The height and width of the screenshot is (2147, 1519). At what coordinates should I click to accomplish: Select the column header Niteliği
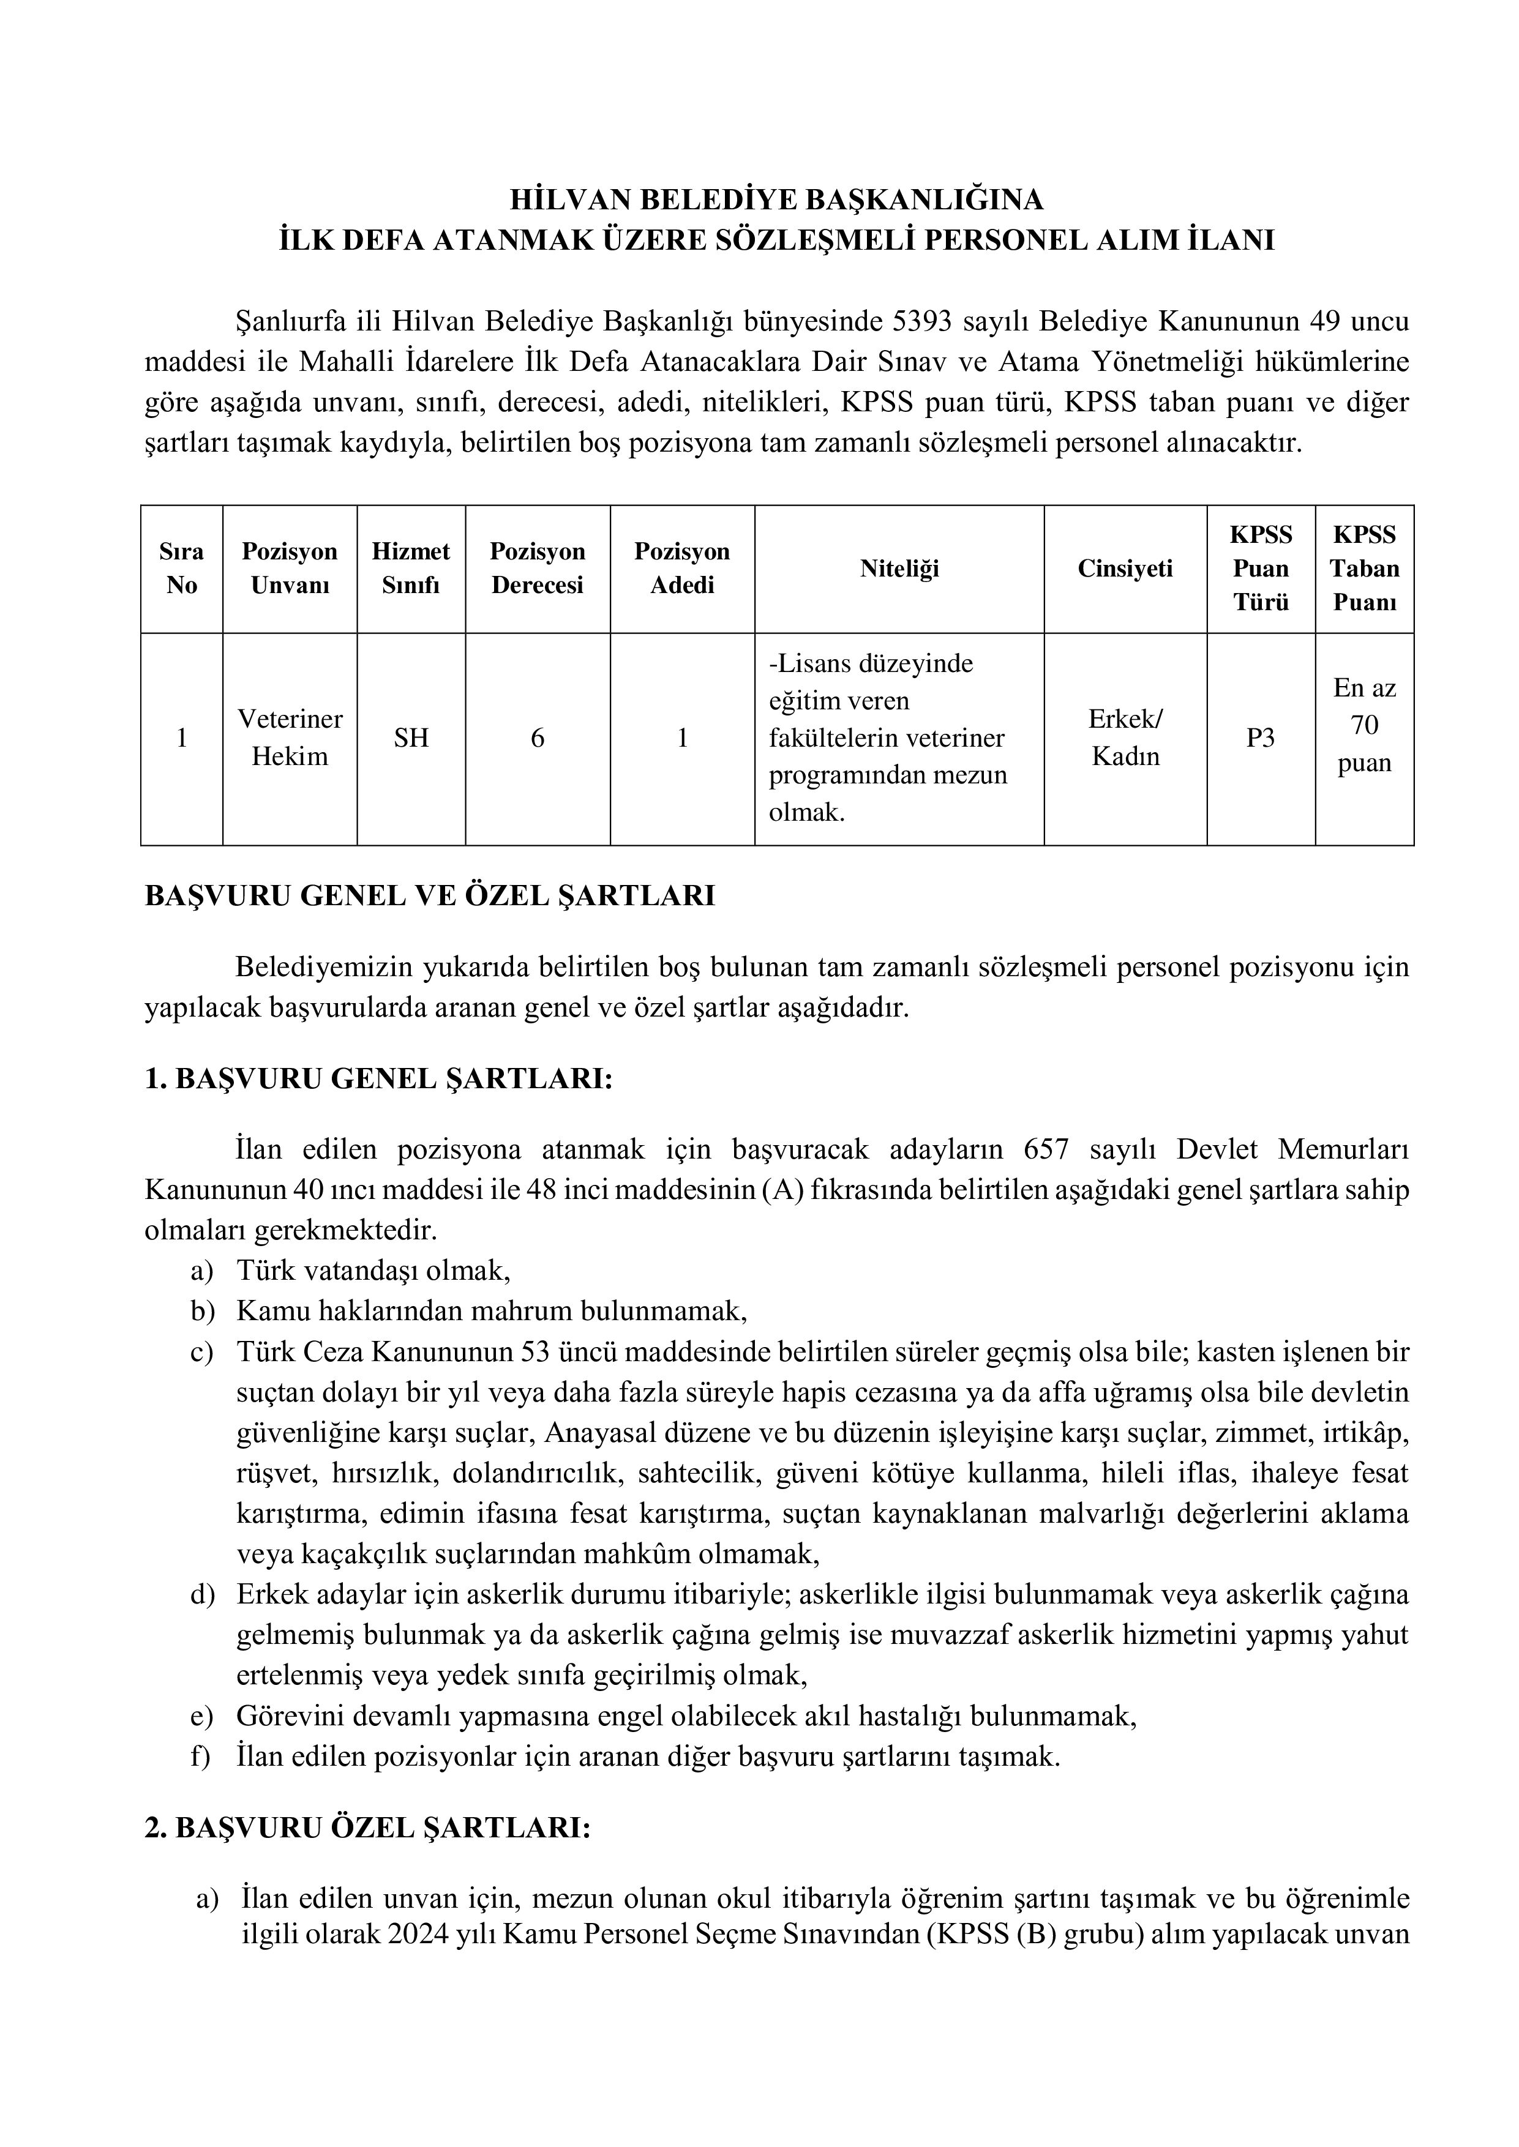(899, 569)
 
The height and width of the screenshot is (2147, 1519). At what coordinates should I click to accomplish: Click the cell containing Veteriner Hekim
(290, 737)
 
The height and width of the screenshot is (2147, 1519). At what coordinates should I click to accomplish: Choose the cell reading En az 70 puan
(1363, 726)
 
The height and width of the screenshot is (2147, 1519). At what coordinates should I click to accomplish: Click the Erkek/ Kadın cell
(1125, 737)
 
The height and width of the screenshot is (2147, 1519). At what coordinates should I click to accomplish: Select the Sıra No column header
(181, 569)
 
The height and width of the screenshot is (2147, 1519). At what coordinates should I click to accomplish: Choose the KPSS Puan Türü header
(1260, 569)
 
